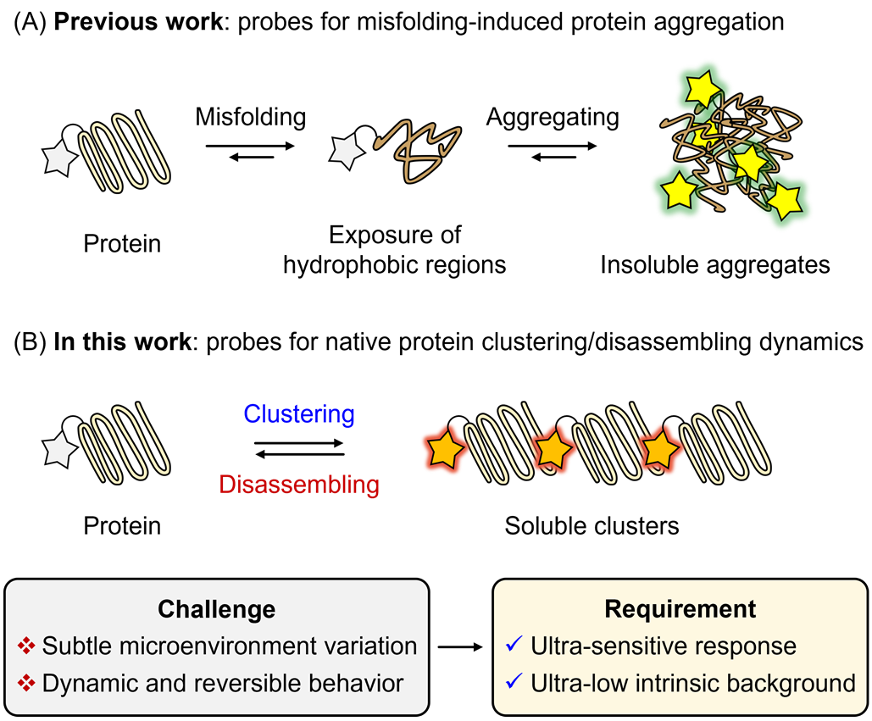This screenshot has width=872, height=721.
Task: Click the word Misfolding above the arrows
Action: pyautogui.click(x=244, y=116)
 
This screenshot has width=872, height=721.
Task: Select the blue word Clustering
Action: pyautogui.click(x=298, y=414)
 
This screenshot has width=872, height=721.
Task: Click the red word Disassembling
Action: pyautogui.click(x=298, y=485)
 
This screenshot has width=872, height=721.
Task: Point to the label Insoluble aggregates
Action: pyautogui.click(x=714, y=264)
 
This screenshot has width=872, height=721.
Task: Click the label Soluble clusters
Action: pyautogui.click(x=592, y=525)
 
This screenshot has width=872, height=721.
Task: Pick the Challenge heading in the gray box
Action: pyautogui.click(x=218, y=609)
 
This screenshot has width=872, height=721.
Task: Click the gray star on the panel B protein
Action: pyautogui.click(x=60, y=449)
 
